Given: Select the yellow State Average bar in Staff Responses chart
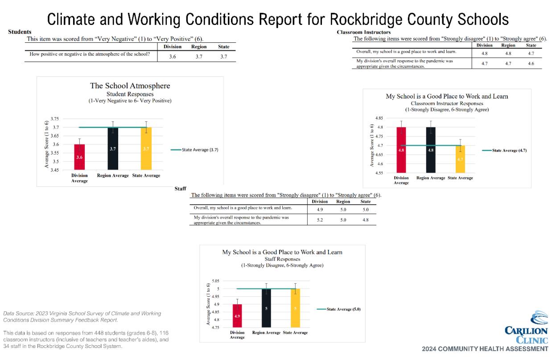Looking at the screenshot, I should (x=295, y=308).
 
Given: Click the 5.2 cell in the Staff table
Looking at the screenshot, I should (x=320, y=220).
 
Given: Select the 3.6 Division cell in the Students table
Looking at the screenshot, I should (x=172, y=57).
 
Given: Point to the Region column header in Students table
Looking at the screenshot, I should (x=198, y=47).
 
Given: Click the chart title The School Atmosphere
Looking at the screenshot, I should (x=130, y=86).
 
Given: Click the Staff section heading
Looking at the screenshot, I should (x=180, y=189).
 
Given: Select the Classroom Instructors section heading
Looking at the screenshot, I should (x=363, y=33).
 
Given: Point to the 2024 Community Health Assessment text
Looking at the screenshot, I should (x=485, y=348).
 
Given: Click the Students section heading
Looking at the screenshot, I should (x=20, y=32).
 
